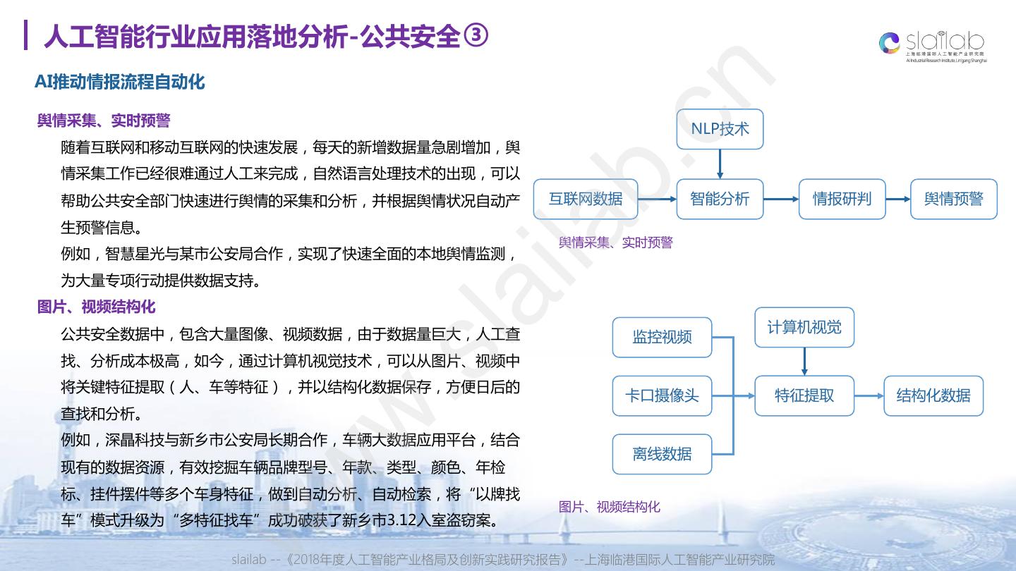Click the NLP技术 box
point(720,129)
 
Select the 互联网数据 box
point(586,199)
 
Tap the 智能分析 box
point(720,199)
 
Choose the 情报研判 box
point(842,199)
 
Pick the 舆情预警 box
point(953,199)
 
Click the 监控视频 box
point(662,337)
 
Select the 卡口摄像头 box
point(662,395)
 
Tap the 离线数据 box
point(662,454)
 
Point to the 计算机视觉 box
point(804,327)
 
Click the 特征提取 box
point(804,395)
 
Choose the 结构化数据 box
point(933,395)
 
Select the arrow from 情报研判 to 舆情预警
point(898,199)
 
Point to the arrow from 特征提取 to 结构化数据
point(869,395)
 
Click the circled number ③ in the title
point(476,36)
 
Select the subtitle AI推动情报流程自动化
point(120,82)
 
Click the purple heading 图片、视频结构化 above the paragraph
point(97,307)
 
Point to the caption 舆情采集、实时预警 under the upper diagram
point(616,242)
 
